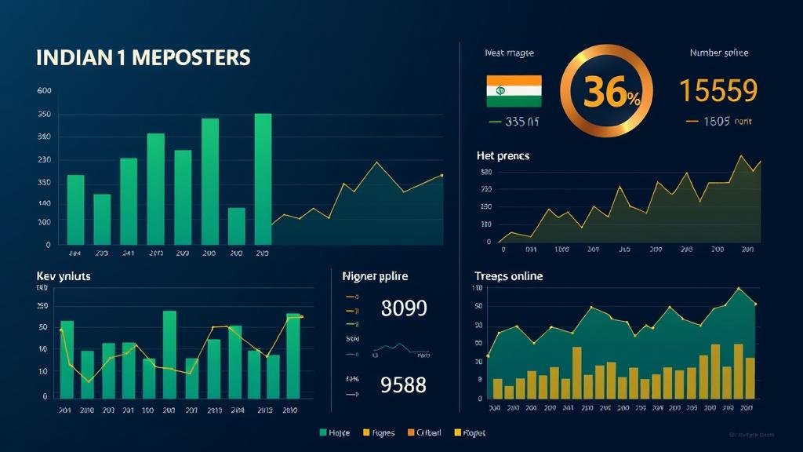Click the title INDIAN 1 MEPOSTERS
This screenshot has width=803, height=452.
pyautogui.click(x=143, y=58)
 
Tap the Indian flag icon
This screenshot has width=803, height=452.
pyautogui.click(x=514, y=91)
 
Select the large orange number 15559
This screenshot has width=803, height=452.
pyautogui.click(x=718, y=91)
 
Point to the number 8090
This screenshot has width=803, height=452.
pyautogui.click(x=403, y=308)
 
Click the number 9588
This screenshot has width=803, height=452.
pyautogui.click(x=403, y=385)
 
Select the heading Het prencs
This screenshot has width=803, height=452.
pyautogui.click(x=503, y=156)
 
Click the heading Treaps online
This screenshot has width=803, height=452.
pyautogui.click(x=508, y=276)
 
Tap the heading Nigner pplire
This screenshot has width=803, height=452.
pyautogui.click(x=375, y=276)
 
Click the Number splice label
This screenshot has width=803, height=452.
pyautogui.click(x=718, y=53)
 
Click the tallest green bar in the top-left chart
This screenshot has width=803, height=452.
pyautogui.click(x=263, y=179)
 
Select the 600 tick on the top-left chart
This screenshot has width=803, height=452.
pyautogui.click(x=45, y=91)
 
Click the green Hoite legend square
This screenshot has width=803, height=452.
pyautogui.click(x=323, y=432)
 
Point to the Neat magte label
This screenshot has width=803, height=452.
pyautogui.click(x=509, y=53)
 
